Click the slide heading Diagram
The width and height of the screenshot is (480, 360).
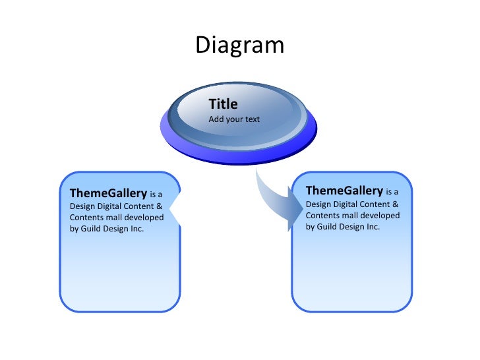(x=239, y=45)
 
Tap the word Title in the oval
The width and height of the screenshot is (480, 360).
(x=223, y=104)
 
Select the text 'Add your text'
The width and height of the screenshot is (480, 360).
(x=234, y=119)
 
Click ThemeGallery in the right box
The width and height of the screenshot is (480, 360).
(x=344, y=191)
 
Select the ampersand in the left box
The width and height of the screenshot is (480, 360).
(x=159, y=206)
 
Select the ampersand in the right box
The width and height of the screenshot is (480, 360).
(x=395, y=204)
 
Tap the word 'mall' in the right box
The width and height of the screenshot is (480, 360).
(x=349, y=216)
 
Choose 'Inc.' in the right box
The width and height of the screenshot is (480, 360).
(x=373, y=227)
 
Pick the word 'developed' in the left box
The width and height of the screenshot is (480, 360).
(x=144, y=218)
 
